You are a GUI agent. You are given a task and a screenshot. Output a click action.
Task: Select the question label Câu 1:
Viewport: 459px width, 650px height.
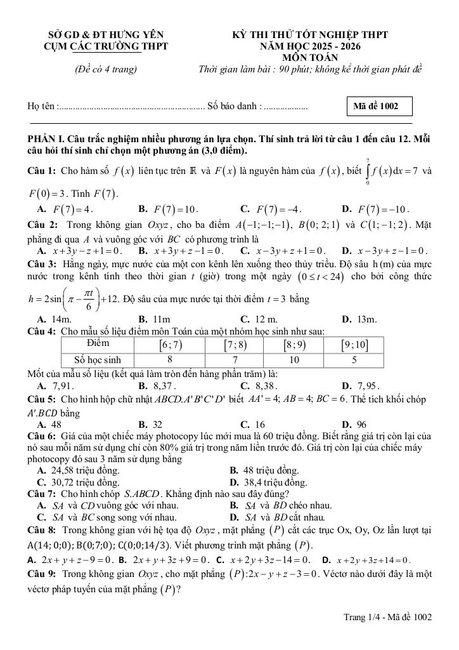tap(42, 171)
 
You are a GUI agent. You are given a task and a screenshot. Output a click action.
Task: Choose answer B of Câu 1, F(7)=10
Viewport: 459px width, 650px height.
tap(169, 209)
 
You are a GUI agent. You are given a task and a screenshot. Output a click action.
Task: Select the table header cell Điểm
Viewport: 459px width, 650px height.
tap(98, 343)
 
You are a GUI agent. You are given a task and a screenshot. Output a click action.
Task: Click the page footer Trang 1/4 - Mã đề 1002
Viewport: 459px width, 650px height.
tap(387, 616)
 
